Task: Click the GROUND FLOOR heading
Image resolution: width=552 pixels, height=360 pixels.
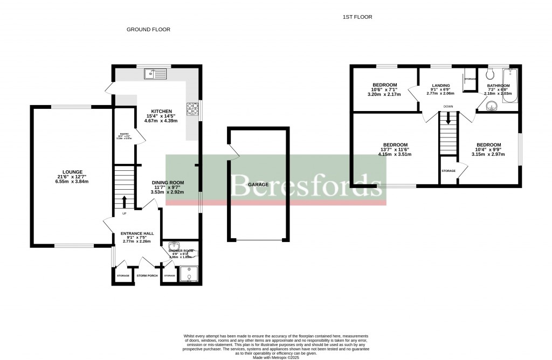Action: click(x=148, y=30)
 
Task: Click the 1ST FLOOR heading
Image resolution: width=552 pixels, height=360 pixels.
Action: click(x=357, y=17)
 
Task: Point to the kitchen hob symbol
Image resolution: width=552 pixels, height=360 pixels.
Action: click(x=192, y=110)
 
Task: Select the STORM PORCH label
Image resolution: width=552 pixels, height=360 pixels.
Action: click(x=146, y=276)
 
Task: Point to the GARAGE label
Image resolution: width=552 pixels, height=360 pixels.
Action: click(x=258, y=184)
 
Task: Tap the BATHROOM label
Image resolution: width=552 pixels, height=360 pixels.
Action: click(x=498, y=86)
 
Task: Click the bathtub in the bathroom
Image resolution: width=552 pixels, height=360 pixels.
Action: click(x=510, y=86)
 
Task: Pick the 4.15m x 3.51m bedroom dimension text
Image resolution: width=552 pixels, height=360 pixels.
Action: click(x=395, y=154)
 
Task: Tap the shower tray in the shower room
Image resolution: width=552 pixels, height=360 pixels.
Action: click(x=189, y=275)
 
